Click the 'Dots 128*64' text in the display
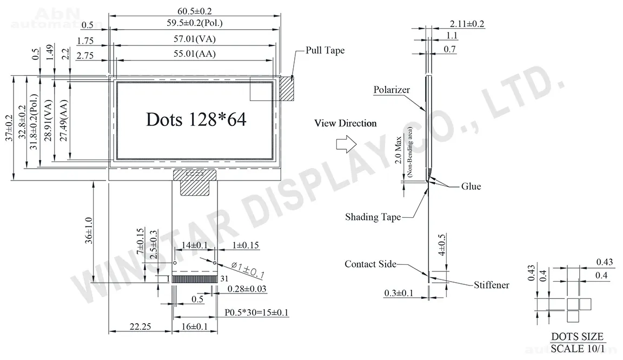point(196,119)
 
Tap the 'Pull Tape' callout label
point(324,50)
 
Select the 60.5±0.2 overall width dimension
point(195,11)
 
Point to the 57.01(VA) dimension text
point(195,39)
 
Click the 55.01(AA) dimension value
point(195,54)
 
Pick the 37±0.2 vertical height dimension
point(9,128)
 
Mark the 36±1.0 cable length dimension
point(89,230)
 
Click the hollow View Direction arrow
point(346,144)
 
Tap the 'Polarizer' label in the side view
point(392,90)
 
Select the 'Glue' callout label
point(471,186)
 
